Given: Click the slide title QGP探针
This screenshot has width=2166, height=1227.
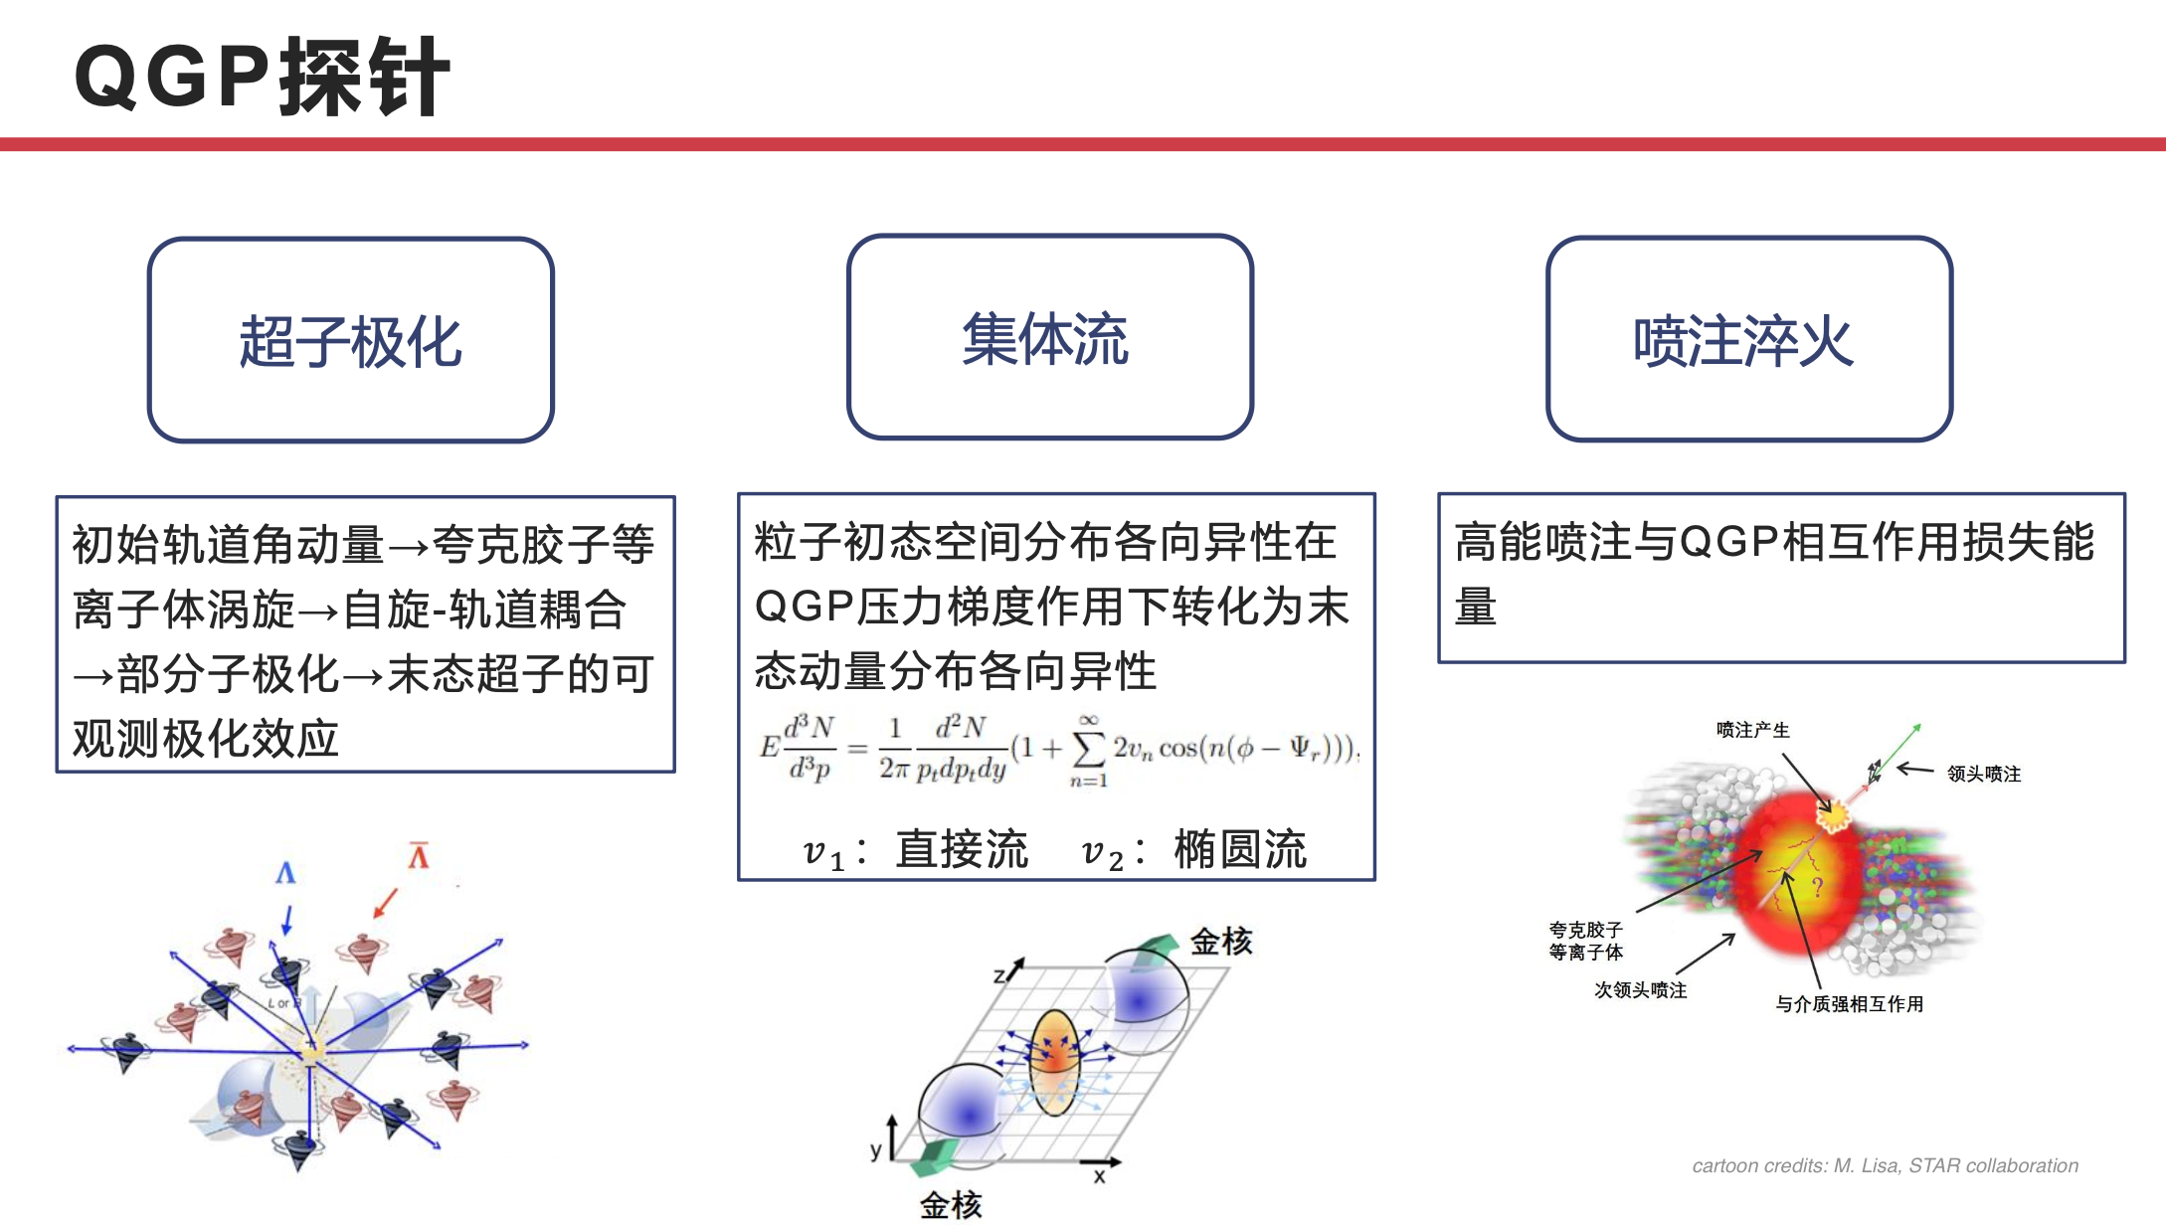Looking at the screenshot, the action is click(263, 77).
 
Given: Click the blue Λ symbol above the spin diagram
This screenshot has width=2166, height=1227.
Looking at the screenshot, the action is click(285, 873).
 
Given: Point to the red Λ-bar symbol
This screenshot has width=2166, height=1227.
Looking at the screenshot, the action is click(419, 855).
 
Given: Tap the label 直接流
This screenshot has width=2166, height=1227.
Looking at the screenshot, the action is click(962, 850).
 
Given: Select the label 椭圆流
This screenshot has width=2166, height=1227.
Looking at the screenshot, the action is click(1240, 850).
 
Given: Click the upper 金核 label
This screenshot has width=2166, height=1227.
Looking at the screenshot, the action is click(1221, 941).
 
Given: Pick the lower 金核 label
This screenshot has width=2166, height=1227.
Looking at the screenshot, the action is click(951, 1205).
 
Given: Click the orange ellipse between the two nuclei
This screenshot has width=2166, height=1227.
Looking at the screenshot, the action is click(1054, 1062).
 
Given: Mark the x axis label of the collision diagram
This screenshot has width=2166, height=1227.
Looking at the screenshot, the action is click(1099, 1177).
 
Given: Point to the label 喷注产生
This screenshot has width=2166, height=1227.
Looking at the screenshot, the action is click(1753, 730).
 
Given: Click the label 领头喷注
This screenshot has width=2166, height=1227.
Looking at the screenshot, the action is click(1984, 774).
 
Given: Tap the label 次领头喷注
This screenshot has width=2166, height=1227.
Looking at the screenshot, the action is click(1641, 990).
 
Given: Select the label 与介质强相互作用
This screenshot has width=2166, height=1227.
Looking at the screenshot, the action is click(1850, 1004).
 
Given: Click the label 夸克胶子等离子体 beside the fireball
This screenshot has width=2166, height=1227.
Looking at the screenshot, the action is click(1586, 941).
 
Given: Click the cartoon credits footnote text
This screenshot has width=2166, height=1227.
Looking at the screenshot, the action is click(1886, 1165).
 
